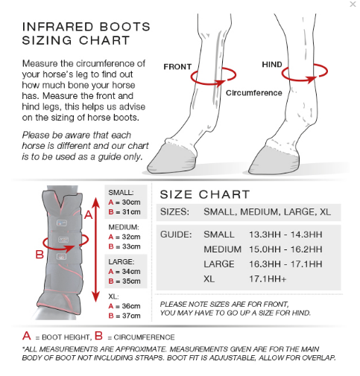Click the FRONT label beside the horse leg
click(x=177, y=66)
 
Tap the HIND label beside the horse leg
click(x=271, y=65)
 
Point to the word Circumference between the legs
click(x=254, y=93)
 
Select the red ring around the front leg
click(x=213, y=75)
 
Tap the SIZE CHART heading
click(x=205, y=194)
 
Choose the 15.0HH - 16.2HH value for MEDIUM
click(x=285, y=249)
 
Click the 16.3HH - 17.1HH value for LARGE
click(x=285, y=264)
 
